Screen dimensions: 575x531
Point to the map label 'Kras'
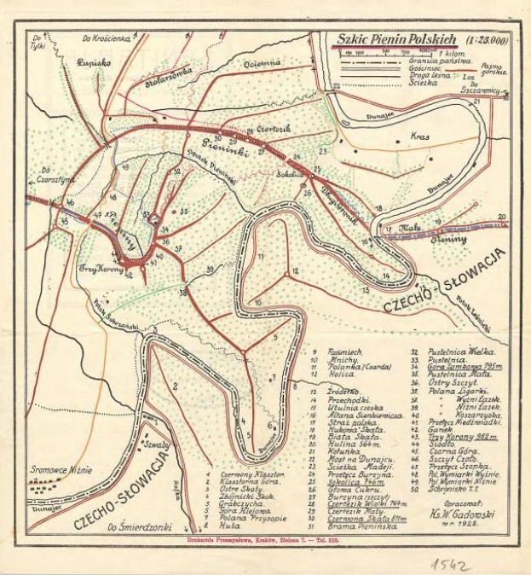tap(418, 136)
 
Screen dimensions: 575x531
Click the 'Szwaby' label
tap(156, 444)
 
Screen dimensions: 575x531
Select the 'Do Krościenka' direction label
tap(110, 38)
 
